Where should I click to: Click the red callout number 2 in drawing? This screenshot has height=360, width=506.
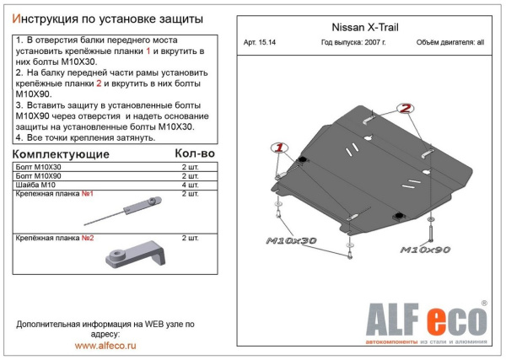point(406,109)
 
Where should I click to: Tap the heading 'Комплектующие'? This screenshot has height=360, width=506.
point(62,155)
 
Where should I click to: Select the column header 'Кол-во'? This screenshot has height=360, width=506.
point(194,154)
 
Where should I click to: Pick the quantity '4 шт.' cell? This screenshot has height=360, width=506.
point(191,185)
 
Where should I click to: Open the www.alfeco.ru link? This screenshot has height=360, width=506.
point(105,346)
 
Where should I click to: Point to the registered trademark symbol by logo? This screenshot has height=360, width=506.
point(484,302)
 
